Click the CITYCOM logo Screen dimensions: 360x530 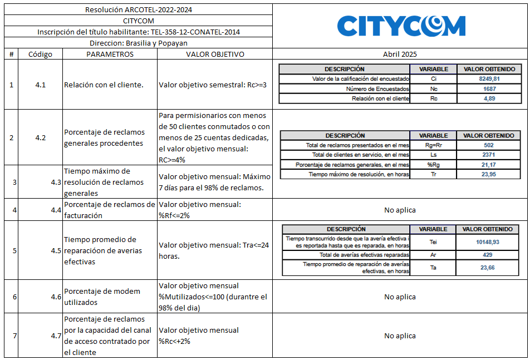click(401, 26)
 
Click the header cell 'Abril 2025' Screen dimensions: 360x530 click(400, 55)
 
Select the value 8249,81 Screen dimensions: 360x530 click(489, 79)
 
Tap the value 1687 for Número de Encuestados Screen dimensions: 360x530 click(489, 88)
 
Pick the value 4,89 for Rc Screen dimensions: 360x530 click(489, 98)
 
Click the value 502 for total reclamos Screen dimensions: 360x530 click(489, 145)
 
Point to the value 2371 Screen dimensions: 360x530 click(489, 155)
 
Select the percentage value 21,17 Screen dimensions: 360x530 click(489, 165)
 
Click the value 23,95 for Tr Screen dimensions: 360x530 click(489, 175)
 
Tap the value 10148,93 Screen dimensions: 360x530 click(488, 242)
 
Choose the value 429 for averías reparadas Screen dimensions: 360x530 click(488, 254)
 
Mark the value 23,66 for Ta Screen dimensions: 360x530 click(488, 268)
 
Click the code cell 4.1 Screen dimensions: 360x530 click(40, 85)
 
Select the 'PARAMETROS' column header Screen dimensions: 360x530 click(110, 55)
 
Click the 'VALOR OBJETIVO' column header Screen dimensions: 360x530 click(215, 55)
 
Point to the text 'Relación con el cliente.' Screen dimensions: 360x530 click(104, 85)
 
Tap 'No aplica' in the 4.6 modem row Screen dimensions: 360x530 click(400, 297)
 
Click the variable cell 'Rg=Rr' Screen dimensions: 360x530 click(433, 145)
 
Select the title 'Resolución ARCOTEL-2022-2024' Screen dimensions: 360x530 click(139, 10)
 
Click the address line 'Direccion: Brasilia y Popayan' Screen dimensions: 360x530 click(139, 43)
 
